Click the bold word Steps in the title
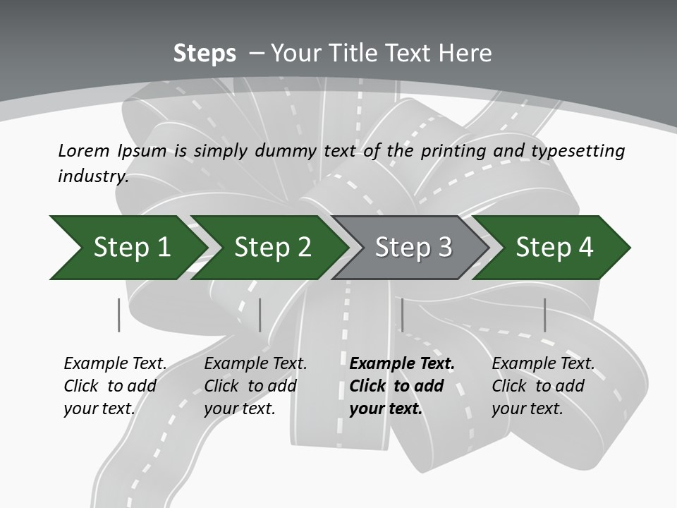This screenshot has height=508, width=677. pyautogui.click(x=205, y=54)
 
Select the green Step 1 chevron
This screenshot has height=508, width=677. pyautogui.click(x=128, y=248)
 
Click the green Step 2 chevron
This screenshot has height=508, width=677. pyautogui.click(x=270, y=248)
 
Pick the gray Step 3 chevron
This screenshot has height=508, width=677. pyautogui.click(x=410, y=248)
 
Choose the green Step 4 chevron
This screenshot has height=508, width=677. pyautogui.click(x=551, y=248)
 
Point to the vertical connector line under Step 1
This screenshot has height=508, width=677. pyautogui.click(x=118, y=315)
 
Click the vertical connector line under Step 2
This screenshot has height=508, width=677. pyautogui.click(x=260, y=315)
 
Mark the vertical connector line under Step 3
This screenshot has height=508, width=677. pyautogui.click(x=402, y=315)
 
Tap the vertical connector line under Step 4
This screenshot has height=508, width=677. pyautogui.click(x=544, y=315)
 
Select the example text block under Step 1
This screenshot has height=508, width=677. pyautogui.click(x=115, y=386)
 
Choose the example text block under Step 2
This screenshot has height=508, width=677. pyautogui.click(x=255, y=386)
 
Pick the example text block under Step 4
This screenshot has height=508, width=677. pyautogui.click(x=543, y=386)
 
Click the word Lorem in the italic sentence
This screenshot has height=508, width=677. pyautogui.click(x=84, y=151)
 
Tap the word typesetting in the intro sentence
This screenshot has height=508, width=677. pyautogui.click(x=578, y=152)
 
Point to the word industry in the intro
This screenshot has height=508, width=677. pyautogui.click(x=93, y=176)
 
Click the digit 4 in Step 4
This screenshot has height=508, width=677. pyautogui.click(x=585, y=247)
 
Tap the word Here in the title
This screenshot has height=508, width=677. pyautogui.click(x=465, y=53)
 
